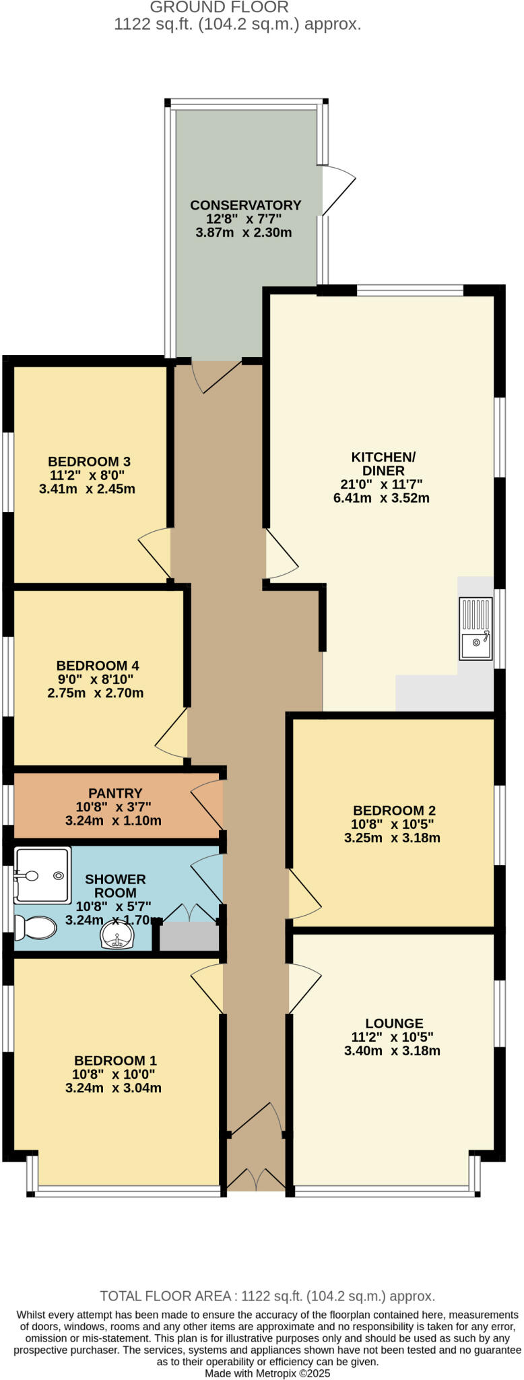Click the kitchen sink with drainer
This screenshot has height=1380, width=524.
coord(476,628)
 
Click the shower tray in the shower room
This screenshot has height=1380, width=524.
coord(42,875)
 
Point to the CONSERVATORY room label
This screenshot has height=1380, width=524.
coord(245,205)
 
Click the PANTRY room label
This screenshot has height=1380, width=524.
coord(115,793)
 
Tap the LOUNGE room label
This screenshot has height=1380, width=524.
coord(394,1023)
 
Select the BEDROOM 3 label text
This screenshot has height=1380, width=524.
coord(89,462)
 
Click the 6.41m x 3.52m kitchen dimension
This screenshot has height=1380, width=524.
coord(381,499)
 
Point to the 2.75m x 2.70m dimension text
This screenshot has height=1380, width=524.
coord(95,693)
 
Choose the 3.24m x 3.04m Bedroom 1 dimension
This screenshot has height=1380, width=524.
coord(113,1088)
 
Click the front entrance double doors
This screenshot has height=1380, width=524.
coord(255,1178)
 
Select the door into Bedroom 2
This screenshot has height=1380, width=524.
coord(303,893)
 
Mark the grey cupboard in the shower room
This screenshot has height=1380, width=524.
coord(189,937)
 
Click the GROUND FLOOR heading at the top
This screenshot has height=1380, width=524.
coord(219,7)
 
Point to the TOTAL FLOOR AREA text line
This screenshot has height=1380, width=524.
coord(267,1296)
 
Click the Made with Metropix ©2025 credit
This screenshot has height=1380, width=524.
coord(267,1373)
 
